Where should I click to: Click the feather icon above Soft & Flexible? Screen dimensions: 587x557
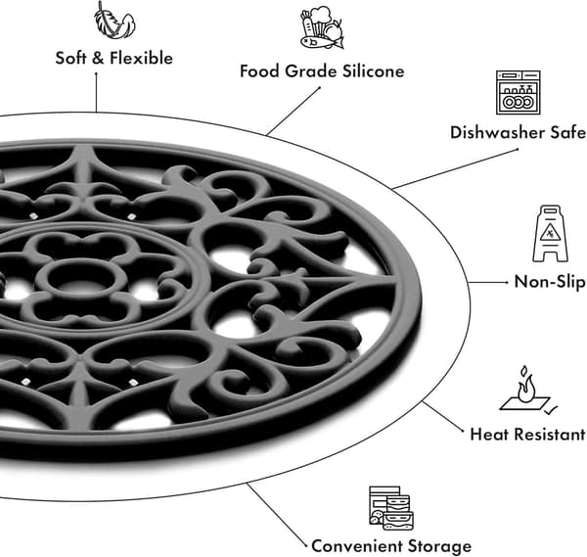click(114, 21)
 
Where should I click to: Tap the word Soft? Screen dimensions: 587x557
click(71, 58)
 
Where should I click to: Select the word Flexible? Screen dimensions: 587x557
click(141, 58)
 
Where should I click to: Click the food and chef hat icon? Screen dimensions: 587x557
click(322, 28)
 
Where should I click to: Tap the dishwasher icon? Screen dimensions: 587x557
click(519, 92)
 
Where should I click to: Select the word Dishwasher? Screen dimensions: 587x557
click(497, 132)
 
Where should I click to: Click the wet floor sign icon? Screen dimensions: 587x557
click(550, 233)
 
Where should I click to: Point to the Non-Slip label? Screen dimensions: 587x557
click(550, 282)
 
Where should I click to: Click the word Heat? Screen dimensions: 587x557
click(486, 434)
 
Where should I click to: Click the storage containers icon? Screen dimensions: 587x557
click(391, 508)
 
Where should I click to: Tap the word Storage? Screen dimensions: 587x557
click(439, 547)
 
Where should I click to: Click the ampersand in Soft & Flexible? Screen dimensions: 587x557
click(98, 58)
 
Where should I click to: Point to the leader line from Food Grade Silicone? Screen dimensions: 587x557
click(293, 112)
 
